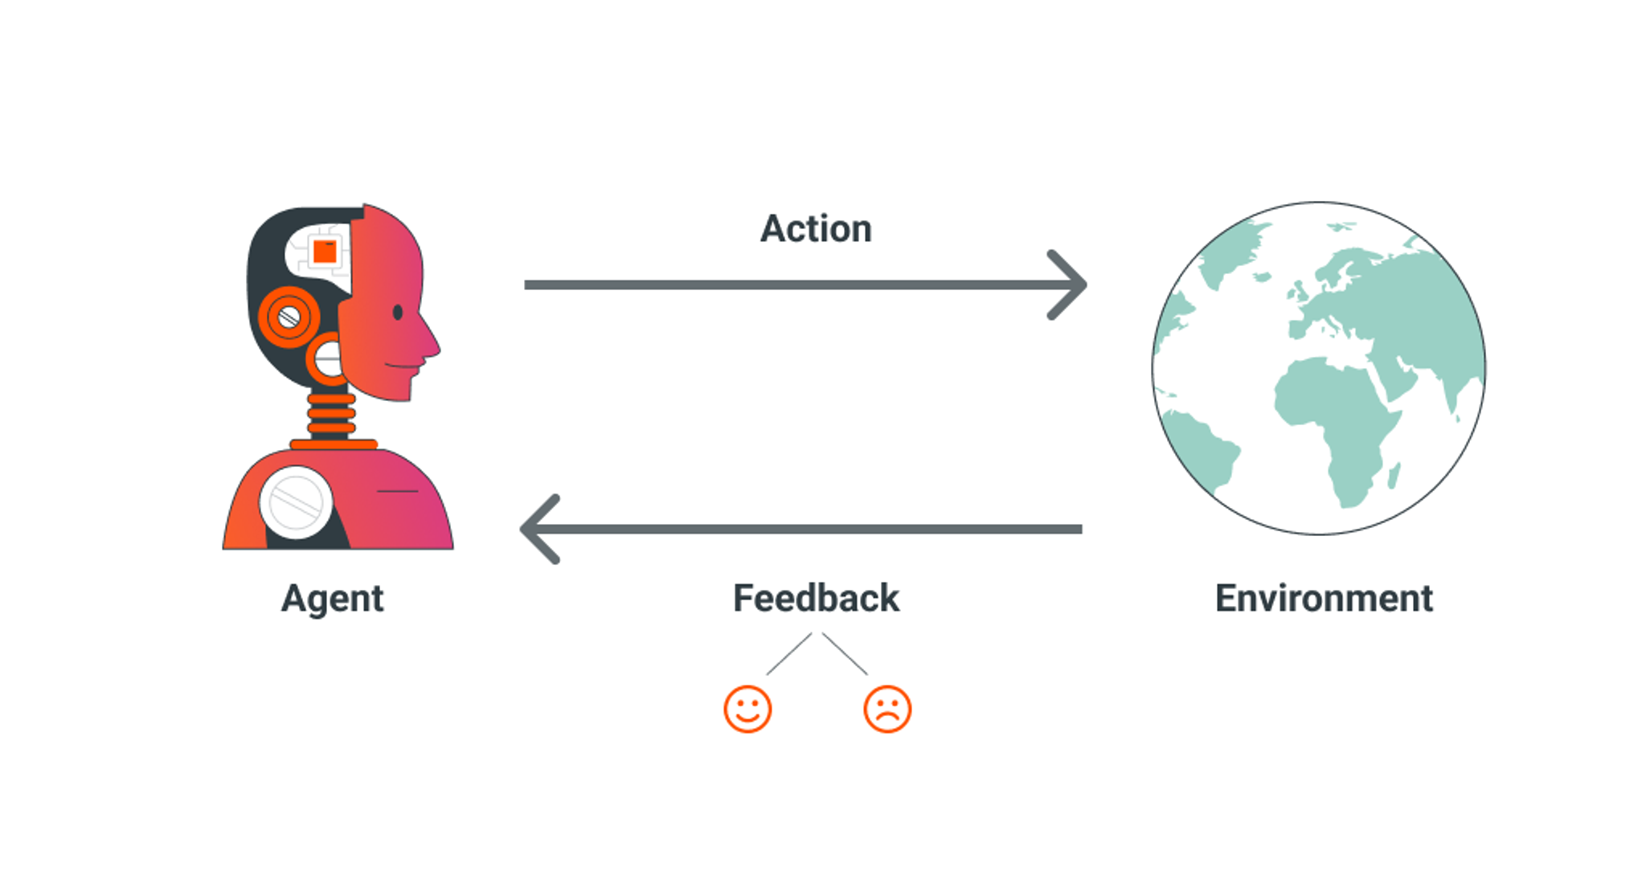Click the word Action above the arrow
click(x=816, y=229)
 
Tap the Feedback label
click(x=816, y=599)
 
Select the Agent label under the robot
click(x=332, y=600)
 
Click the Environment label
click(x=1324, y=599)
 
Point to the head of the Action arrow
click(x=1073, y=284)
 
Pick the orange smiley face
click(x=747, y=709)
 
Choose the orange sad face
click(x=887, y=709)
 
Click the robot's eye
click(x=397, y=313)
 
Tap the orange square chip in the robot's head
click(x=325, y=252)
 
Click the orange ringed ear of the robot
click(x=289, y=317)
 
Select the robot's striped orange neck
click(x=331, y=414)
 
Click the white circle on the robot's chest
click(x=296, y=502)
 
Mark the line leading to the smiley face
click(x=788, y=654)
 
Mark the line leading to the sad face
click(x=845, y=654)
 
